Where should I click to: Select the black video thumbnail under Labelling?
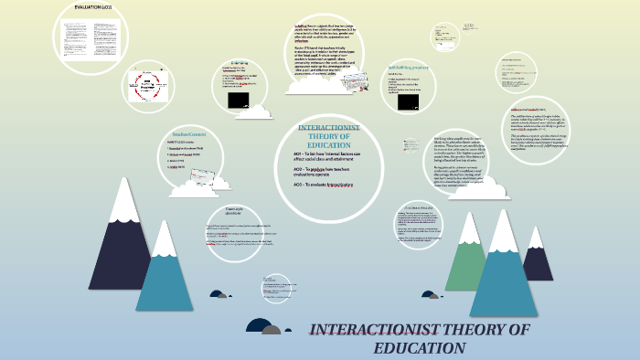(239, 100)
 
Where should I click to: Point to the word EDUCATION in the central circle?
(329, 144)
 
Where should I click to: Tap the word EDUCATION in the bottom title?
(420, 348)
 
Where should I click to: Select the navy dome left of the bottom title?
(258, 325)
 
